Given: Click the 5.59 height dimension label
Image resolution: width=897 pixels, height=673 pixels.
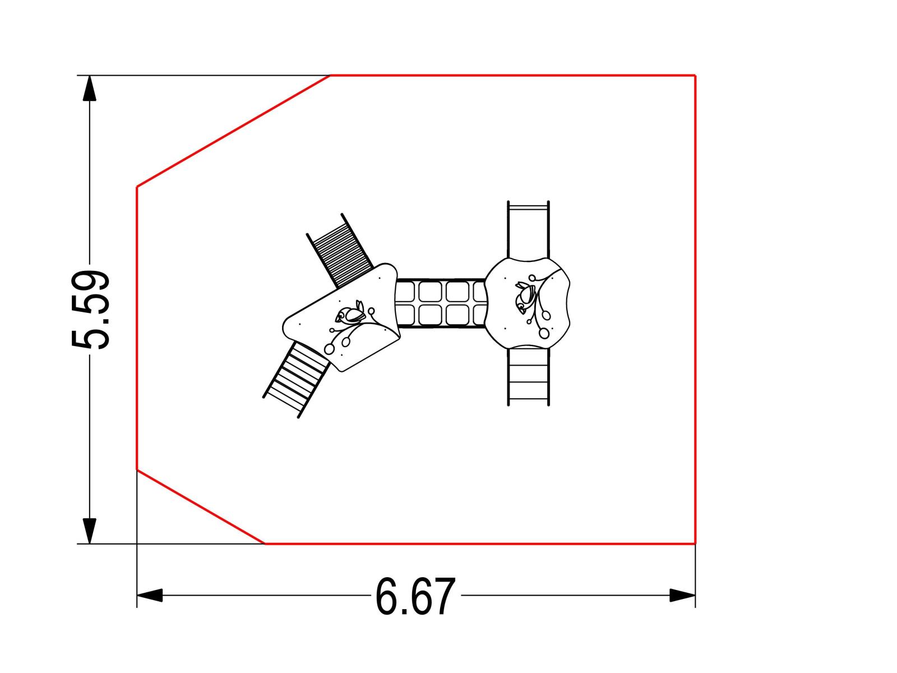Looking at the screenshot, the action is point(90,310).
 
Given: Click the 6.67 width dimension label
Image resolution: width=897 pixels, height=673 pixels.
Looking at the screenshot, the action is point(415,596).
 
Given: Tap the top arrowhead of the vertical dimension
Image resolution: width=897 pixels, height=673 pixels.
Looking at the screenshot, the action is point(90,88).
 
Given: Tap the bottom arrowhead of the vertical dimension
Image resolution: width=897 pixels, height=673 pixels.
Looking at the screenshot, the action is point(90,531).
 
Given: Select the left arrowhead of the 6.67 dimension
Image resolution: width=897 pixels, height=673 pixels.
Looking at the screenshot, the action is point(150,596).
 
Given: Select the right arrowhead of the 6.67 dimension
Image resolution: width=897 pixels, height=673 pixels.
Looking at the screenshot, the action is point(682,596).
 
